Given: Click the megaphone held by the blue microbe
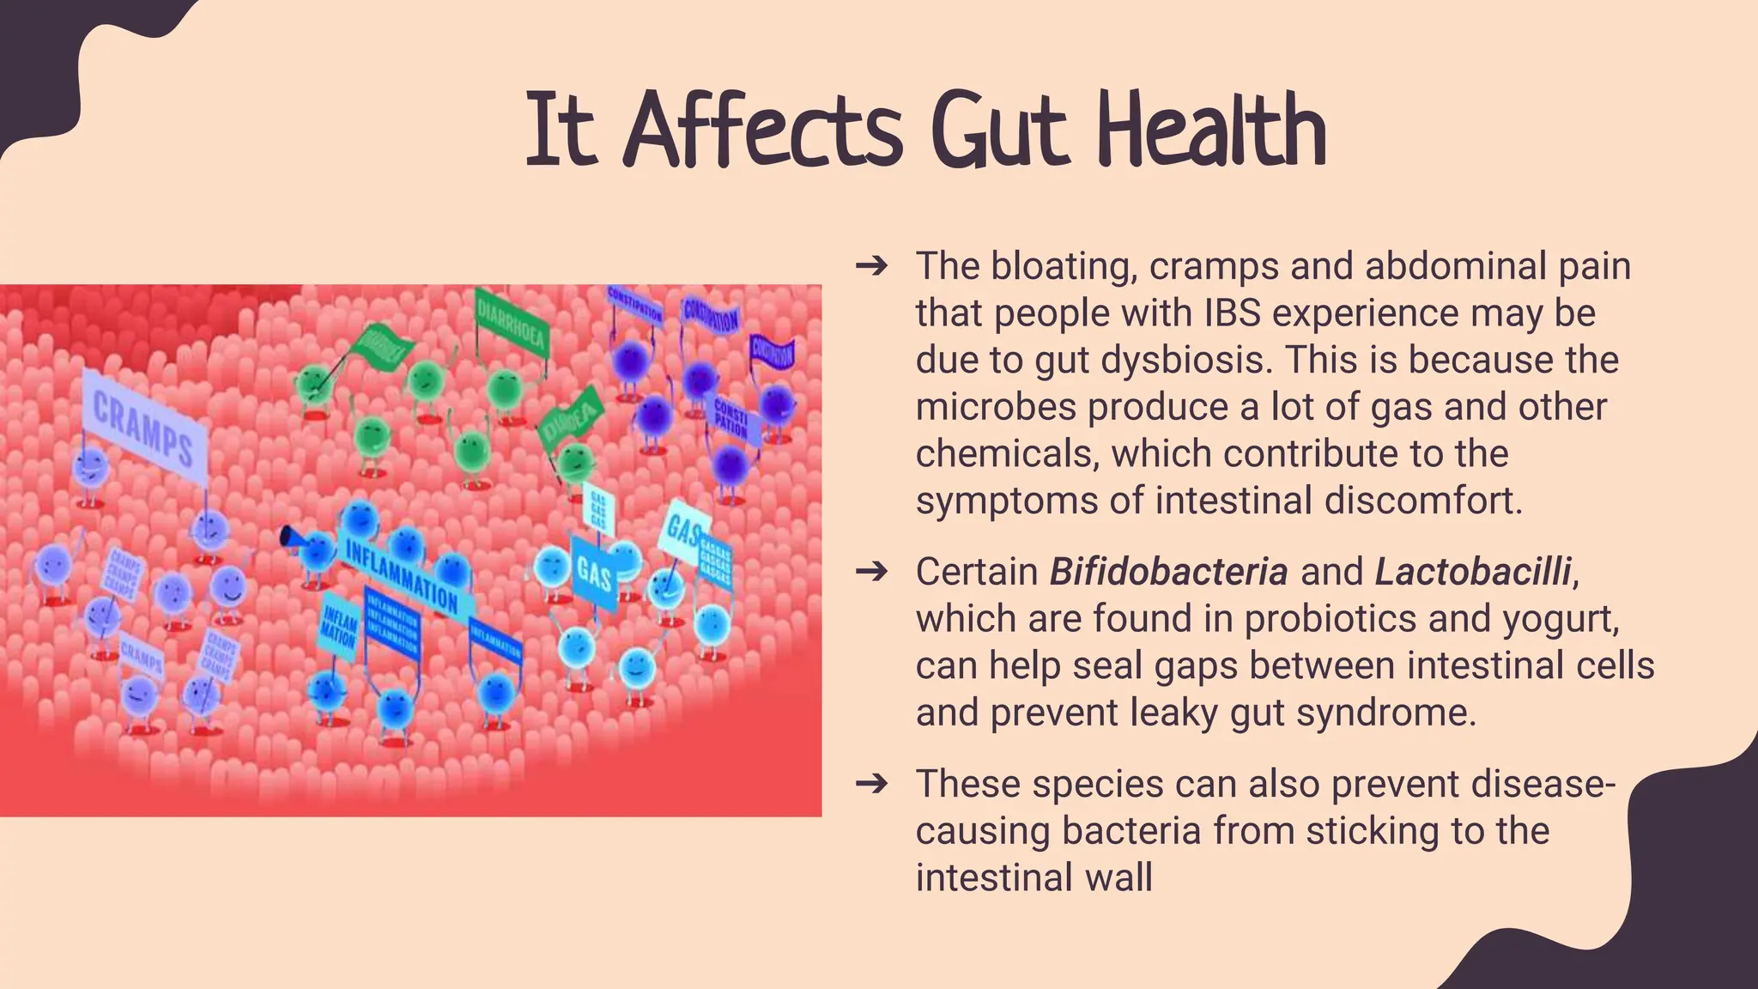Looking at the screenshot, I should (292, 538).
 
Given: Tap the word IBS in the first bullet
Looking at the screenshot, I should (1232, 313).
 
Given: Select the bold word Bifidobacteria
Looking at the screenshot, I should (1168, 572).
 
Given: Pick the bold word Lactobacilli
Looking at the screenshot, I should (1473, 572).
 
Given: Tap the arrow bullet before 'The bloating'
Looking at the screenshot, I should (871, 266).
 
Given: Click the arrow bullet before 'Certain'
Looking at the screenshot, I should (871, 572).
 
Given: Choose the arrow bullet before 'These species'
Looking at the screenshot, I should (871, 784).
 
